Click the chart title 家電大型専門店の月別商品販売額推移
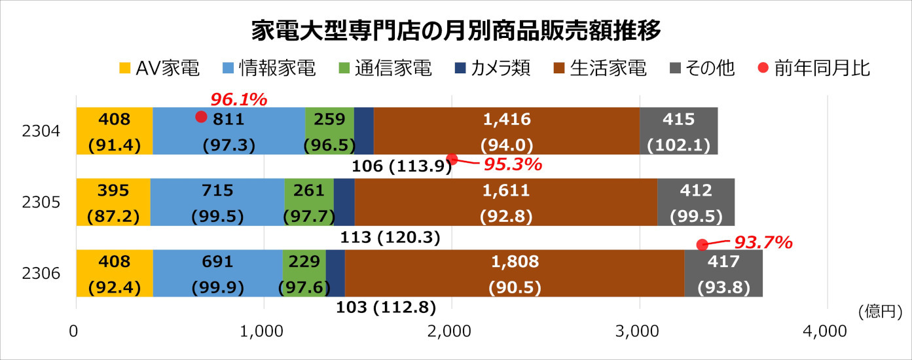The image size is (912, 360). tap(456, 29)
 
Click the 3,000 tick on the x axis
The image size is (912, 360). tap(639, 331)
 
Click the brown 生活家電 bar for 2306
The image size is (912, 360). tap(514, 273)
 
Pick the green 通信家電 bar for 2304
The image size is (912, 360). tap(329, 131)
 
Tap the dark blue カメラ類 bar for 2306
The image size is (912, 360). tap(335, 273)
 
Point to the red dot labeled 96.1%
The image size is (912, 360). tap(201, 117)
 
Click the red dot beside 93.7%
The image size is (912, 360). tap(702, 245)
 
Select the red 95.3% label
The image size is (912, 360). tap(513, 164)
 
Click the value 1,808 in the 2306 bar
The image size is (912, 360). tap(515, 262)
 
